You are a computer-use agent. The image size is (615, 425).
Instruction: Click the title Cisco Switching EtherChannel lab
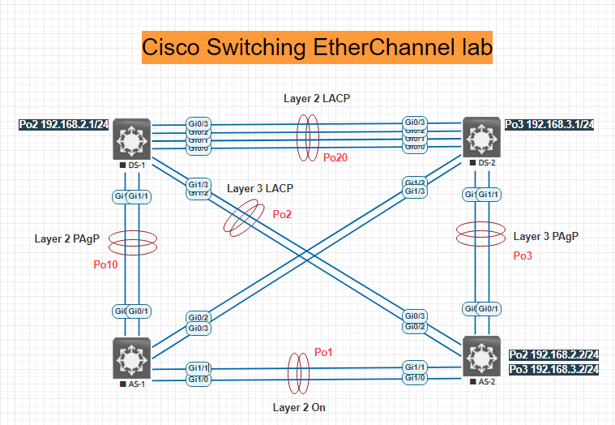click(318, 48)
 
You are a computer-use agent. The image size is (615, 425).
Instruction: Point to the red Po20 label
click(335, 158)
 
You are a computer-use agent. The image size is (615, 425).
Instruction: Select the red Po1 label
click(322, 353)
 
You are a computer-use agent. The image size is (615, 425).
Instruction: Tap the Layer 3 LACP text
click(260, 188)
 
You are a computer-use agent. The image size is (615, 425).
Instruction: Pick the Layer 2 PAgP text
click(66, 238)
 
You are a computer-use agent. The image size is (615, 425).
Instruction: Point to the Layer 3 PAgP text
click(547, 237)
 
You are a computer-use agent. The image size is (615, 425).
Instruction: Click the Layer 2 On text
click(299, 407)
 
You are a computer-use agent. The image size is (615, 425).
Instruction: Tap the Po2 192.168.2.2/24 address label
click(554, 355)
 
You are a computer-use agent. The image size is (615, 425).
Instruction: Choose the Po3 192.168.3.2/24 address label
click(554, 370)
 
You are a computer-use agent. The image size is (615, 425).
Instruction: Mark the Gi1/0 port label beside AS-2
click(416, 378)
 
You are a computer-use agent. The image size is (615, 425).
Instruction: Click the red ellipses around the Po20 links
click(306, 137)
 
